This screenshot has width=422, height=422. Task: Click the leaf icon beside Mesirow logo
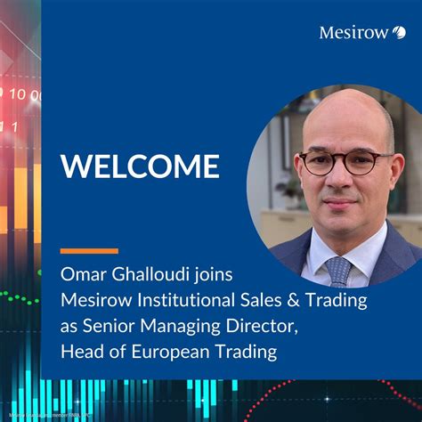(x=399, y=33)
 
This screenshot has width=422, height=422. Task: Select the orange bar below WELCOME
(x=89, y=250)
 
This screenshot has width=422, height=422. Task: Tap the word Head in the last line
(x=81, y=352)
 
